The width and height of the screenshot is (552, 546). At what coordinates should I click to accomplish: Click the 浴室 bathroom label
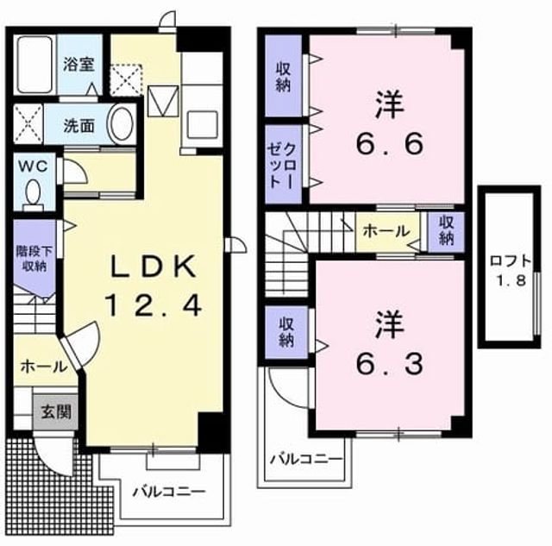click(x=78, y=65)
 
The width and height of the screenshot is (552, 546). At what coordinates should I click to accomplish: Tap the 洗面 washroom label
click(x=78, y=125)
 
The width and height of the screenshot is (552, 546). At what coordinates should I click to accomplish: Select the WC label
click(x=33, y=166)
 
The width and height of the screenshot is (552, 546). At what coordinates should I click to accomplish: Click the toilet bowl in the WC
click(x=33, y=195)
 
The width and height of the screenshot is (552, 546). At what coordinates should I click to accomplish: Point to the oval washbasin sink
click(x=122, y=124)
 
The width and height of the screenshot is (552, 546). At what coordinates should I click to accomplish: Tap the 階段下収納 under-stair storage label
click(x=34, y=259)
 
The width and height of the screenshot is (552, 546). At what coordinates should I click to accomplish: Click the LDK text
click(x=154, y=267)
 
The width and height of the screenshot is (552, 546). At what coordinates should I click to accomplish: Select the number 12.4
click(x=154, y=305)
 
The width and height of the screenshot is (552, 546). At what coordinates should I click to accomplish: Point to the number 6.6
click(x=389, y=144)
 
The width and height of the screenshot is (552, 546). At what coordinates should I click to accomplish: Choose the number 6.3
click(x=389, y=364)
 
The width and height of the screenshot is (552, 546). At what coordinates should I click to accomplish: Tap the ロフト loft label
click(x=511, y=261)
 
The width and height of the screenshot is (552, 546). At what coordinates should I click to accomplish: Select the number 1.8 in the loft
click(x=511, y=280)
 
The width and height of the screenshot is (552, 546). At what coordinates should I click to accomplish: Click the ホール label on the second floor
click(x=386, y=231)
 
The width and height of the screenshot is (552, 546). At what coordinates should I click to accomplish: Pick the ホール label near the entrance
click(x=44, y=367)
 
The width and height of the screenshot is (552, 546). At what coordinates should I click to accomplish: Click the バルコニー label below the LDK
click(x=169, y=492)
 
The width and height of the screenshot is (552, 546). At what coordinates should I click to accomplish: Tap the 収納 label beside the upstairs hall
click(x=446, y=230)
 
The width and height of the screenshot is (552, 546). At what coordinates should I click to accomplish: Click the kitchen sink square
click(x=202, y=124)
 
